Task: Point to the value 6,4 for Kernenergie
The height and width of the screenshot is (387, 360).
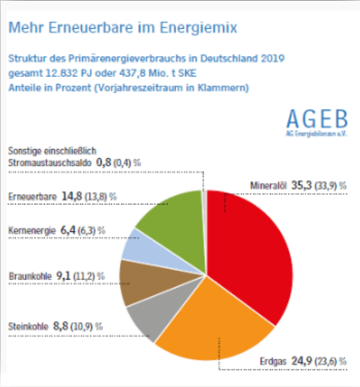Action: pyautogui.click(x=67, y=231)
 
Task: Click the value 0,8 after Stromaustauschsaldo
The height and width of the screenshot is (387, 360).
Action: pyautogui.click(x=103, y=162)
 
